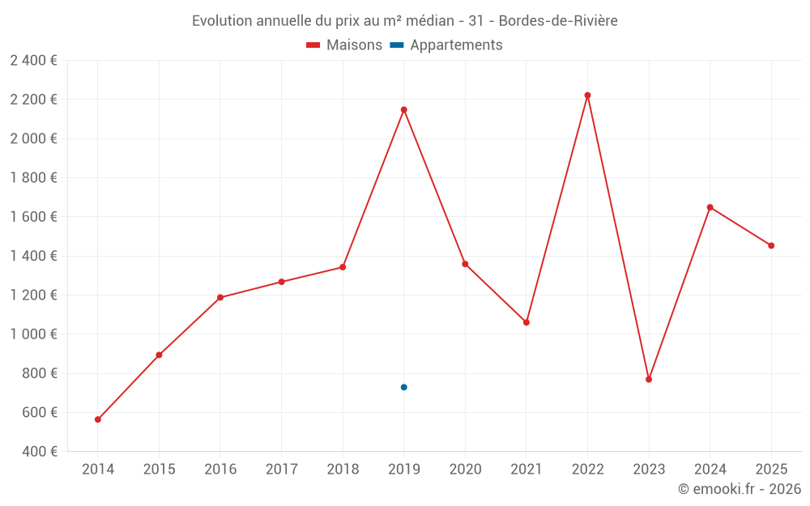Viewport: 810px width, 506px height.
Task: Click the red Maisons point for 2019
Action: click(403, 109)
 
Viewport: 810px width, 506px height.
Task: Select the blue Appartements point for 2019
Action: click(403, 387)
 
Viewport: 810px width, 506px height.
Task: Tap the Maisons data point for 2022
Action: click(587, 96)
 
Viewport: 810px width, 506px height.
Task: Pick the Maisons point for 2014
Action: click(97, 419)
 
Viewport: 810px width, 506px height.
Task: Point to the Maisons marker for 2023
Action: click(649, 379)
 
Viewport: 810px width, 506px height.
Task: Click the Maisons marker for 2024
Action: click(710, 207)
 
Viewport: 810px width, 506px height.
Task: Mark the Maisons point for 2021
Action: click(526, 322)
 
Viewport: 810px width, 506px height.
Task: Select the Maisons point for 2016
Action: click(220, 297)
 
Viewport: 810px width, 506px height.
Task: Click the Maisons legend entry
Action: click(344, 45)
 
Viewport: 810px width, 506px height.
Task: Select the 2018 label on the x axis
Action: click(343, 469)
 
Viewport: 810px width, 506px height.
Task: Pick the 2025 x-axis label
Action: click(771, 469)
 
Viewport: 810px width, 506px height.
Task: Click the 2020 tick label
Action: click(465, 469)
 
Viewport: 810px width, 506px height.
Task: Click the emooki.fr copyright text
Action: click(740, 489)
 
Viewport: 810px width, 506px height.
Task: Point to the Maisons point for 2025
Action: click(771, 245)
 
